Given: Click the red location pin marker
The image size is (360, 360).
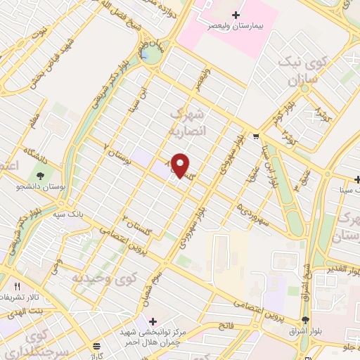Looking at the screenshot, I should point(181,165).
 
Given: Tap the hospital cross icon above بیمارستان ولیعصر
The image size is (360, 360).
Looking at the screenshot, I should point(236,14).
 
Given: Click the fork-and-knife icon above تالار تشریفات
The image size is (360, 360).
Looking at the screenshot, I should point(17,287).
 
